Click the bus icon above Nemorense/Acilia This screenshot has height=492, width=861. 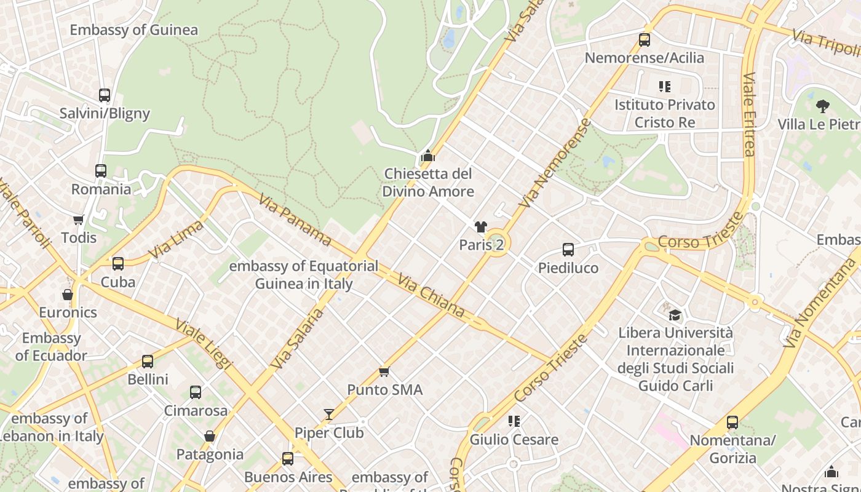click(644, 40)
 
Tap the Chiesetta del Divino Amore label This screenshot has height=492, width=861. click(428, 183)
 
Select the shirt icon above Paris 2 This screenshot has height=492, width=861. click(481, 227)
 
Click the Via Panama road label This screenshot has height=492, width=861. click(295, 220)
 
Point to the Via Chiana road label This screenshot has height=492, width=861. click(430, 296)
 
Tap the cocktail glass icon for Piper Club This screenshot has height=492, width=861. click(329, 415)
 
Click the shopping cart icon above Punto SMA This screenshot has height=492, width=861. click(384, 371)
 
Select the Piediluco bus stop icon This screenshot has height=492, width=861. click(568, 250)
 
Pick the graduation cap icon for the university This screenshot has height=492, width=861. click(675, 315)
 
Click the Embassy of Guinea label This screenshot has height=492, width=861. click(133, 30)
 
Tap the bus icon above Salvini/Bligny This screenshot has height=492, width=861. click(105, 95)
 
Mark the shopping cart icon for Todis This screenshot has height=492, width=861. click(78, 220)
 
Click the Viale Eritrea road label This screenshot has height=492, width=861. click(748, 114)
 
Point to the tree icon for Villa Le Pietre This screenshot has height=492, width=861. click(822, 106)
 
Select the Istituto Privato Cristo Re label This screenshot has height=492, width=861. click(665, 113)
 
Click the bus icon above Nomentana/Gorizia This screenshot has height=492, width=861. click(732, 423)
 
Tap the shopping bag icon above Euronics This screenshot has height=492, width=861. click(68, 295)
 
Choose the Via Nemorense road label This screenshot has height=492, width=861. click(555, 164)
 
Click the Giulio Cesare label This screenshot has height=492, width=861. click(514, 440)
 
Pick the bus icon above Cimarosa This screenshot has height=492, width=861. click(196, 392)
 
